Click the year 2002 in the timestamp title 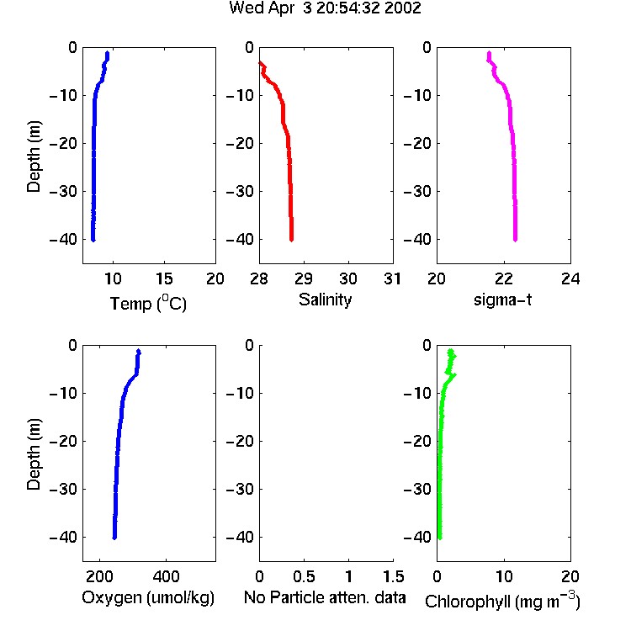click(x=402, y=8)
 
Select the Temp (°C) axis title click(x=148, y=303)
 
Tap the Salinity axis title click(x=325, y=300)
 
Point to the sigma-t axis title click(x=502, y=300)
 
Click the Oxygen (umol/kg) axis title click(x=148, y=598)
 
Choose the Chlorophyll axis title click(x=502, y=601)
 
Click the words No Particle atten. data click(x=325, y=597)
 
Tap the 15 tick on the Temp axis click(x=164, y=278)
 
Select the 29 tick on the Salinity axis click(x=304, y=278)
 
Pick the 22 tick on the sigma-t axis click(x=503, y=278)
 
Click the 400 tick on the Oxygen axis click(x=166, y=576)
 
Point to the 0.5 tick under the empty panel click(x=304, y=576)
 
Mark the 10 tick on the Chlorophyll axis click(x=503, y=576)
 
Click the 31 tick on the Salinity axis click(x=392, y=278)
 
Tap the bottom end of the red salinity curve click(x=291, y=240)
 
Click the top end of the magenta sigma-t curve click(x=489, y=52)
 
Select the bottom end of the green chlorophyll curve click(x=440, y=538)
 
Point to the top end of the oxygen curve click(x=139, y=351)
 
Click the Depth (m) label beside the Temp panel click(x=34, y=156)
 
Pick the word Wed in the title click(x=246, y=8)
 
